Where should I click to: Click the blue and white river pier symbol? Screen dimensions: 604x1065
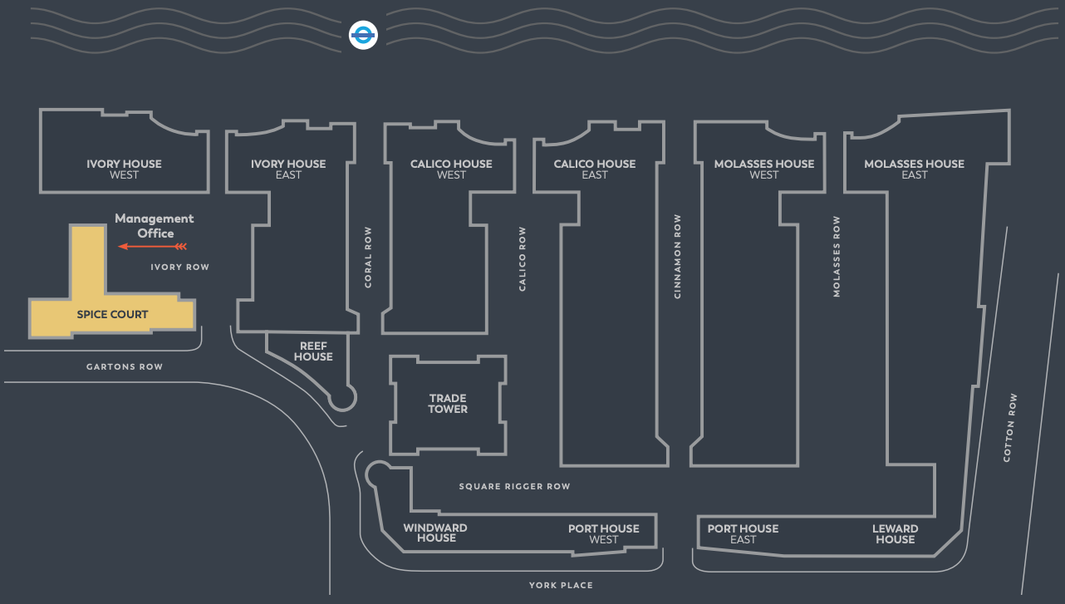(364, 35)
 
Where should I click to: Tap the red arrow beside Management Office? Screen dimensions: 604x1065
(152, 246)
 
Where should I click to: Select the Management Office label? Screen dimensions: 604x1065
(155, 225)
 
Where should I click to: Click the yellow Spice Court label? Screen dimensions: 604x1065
(112, 314)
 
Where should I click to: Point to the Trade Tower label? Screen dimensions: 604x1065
(448, 404)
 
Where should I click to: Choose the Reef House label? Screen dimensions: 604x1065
(313, 351)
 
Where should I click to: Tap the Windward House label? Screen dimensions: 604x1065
(435, 533)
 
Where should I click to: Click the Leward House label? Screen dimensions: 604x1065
(895, 533)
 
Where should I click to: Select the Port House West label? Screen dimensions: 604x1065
(604, 533)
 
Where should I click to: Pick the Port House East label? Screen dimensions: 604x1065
(743, 533)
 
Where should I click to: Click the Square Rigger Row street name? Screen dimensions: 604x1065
(515, 486)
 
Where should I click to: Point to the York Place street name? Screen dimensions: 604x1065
(561, 585)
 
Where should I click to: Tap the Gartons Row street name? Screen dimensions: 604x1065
(125, 366)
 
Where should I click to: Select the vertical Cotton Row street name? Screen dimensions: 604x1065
(1010, 428)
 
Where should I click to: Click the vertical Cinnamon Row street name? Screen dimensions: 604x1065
(678, 257)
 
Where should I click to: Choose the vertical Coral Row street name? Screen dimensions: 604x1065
(368, 258)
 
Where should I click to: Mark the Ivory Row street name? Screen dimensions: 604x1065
(179, 267)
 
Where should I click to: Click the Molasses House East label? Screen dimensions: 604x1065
(914, 169)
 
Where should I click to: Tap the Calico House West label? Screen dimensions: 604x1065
(451, 169)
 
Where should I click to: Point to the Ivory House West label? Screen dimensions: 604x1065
(125, 169)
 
